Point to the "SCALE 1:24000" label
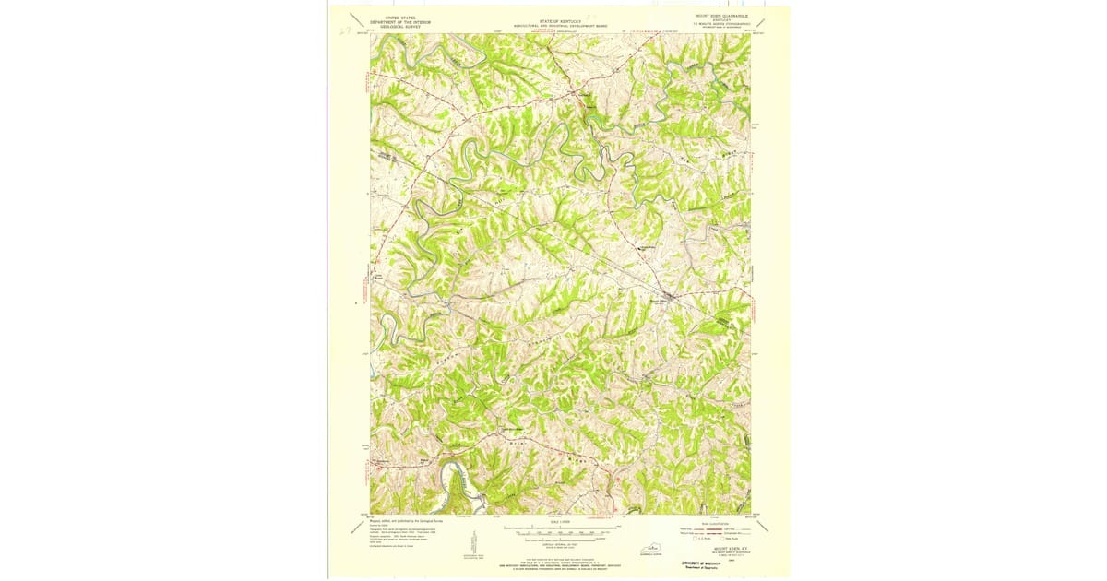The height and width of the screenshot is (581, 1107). click(x=560, y=522)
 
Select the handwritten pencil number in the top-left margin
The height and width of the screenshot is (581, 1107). click(x=344, y=30)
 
